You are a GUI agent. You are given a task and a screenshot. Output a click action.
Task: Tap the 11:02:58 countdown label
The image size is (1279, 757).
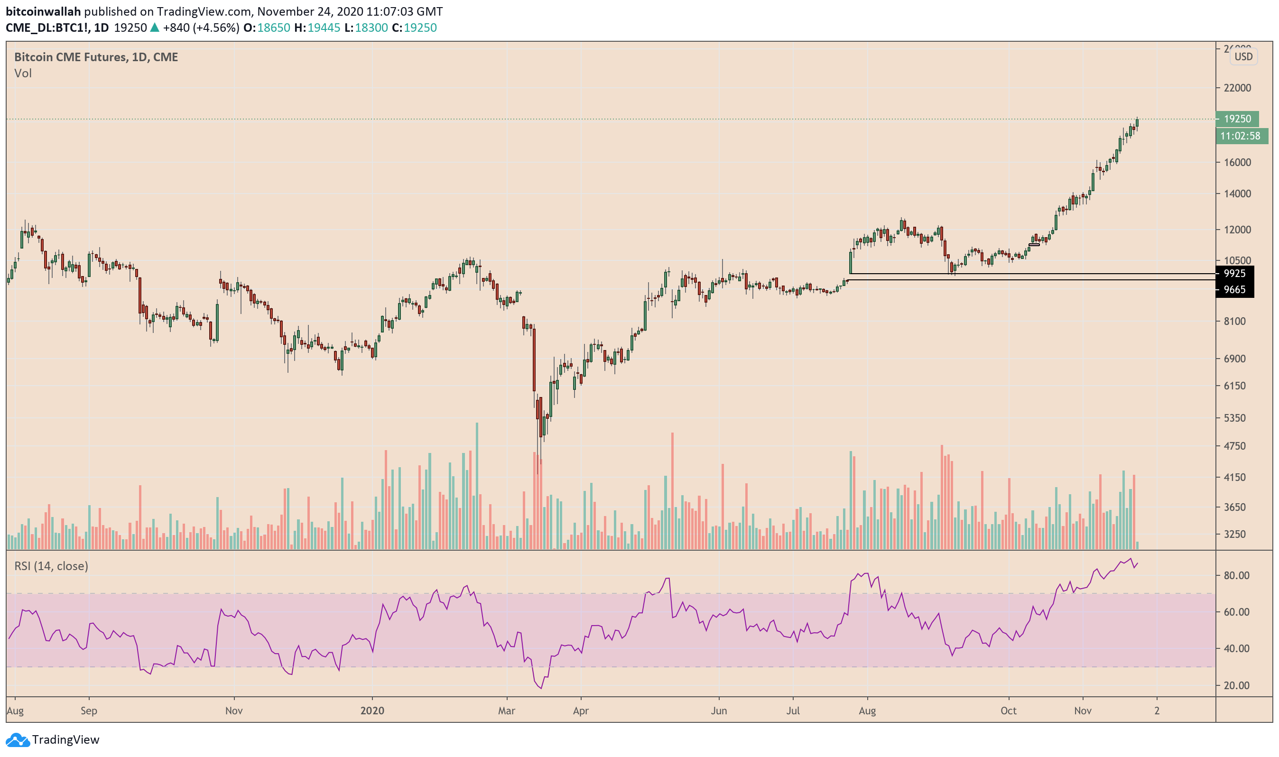click(x=1240, y=136)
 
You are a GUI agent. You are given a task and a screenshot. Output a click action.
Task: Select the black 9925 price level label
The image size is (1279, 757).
click(x=1234, y=273)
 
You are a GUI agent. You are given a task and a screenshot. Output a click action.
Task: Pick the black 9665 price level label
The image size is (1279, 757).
click(x=1234, y=290)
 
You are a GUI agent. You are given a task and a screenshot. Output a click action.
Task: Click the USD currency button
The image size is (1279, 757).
click(x=1243, y=56)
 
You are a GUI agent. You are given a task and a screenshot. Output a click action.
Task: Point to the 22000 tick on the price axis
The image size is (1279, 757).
click(x=1237, y=88)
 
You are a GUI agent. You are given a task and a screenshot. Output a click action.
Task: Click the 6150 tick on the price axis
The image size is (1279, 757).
click(x=1234, y=386)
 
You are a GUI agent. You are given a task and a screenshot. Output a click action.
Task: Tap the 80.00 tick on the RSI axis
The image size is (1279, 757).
click(x=1236, y=575)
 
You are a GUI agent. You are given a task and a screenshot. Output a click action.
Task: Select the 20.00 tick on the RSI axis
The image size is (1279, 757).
click(x=1236, y=685)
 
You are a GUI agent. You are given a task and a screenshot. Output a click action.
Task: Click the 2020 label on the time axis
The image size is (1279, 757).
click(x=372, y=711)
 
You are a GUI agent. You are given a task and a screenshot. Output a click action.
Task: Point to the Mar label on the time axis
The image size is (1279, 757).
click(x=506, y=711)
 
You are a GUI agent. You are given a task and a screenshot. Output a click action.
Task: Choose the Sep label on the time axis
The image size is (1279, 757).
click(x=89, y=711)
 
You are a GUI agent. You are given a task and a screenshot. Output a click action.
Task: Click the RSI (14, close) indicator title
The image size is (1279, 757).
click(x=51, y=566)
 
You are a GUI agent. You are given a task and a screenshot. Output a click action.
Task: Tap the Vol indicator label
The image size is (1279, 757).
click(x=23, y=74)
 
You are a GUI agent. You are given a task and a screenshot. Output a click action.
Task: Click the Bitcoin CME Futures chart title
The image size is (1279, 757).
click(x=96, y=57)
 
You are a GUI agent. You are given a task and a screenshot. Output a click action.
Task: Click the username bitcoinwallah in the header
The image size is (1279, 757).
click(x=43, y=11)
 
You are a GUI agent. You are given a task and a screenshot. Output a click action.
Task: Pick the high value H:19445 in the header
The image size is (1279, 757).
click(x=317, y=28)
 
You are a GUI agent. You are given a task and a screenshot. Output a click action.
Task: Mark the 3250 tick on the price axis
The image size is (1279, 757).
click(x=1234, y=534)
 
